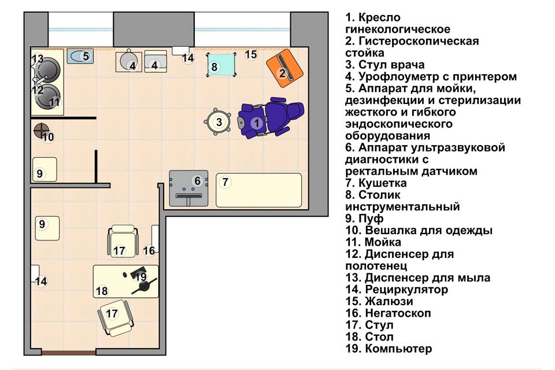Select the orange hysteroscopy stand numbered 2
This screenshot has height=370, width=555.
click(x=284, y=68)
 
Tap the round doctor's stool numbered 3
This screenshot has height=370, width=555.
click(x=218, y=122)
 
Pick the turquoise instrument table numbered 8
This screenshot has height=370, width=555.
click(x=221, y=65)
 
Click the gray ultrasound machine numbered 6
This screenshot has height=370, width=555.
click(x=188, y=188)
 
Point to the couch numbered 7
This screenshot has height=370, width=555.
click(x=259, y=190)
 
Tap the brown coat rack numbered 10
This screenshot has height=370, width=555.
click(x=42, y=131)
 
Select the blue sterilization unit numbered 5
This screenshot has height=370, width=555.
click(x=80, y=56)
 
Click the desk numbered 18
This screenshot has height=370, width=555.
click(x=125, y=281)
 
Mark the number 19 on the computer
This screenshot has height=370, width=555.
click(x=140, y=276)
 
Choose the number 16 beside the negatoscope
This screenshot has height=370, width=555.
click(x=149, y=251)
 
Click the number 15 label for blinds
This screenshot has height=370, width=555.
click(x=251, y=54)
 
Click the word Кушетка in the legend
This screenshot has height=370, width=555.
click(x=382, y=183)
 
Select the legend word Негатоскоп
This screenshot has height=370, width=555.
click(x=398, y=313)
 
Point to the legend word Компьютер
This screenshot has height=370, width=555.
click(x=398, y=349)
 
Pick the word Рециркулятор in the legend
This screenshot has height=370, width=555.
click(x=406, y=290)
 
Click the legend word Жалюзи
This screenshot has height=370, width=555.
click(x=389, y=301)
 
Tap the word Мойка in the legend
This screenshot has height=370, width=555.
click(x=383, y=242)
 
